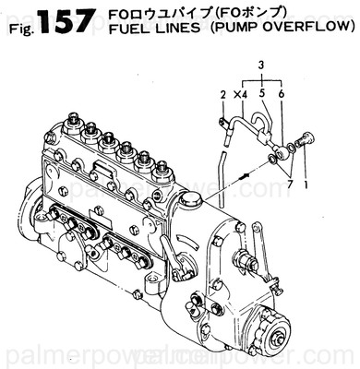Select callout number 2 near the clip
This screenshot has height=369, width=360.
click(222, 94)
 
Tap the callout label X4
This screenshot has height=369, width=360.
click(240, 94)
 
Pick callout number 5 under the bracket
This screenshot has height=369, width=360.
click(263, 94)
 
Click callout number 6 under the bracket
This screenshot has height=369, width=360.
click(281, 94)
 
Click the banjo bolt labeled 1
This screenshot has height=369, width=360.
click(304, 140)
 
